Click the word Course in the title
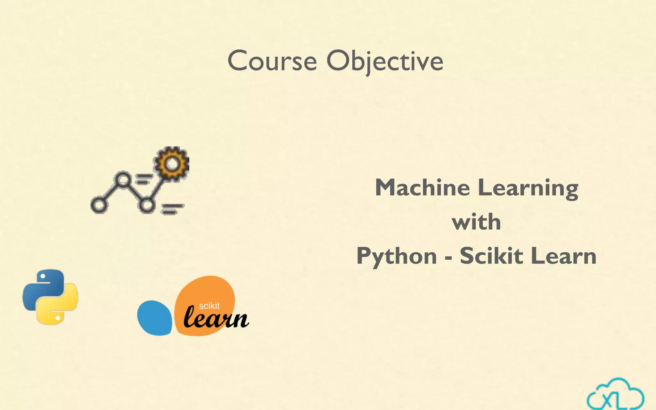(x=272, y=61)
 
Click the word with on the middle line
(x=476, y=222)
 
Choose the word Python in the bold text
(x=397, y=257)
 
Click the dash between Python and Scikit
(x=448, y=257)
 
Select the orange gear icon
(x=172, y=164)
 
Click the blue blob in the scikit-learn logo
(x=154, y=318)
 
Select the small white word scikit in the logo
(x=209, y=306)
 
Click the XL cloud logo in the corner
(x=615, y=395)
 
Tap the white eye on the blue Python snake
(x=43, y=276)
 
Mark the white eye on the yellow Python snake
(x=58, y=318)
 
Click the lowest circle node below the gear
(x=147, y=205)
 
